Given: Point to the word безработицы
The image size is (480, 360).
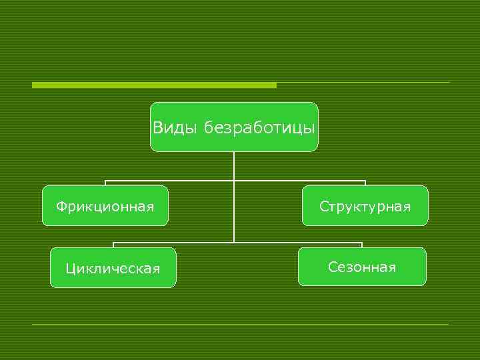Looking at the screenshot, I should coord(259,127).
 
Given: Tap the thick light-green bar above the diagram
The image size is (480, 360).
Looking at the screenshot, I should coord(154,85).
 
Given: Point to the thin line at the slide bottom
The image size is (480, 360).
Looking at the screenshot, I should coord(240,324).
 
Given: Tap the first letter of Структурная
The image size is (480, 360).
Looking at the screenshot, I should coord(323,207).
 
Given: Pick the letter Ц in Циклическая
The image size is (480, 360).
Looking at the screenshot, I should coord(69,269).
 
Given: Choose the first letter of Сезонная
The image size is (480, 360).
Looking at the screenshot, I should coord(332,267).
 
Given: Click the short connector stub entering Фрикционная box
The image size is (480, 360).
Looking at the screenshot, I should coord(105,183).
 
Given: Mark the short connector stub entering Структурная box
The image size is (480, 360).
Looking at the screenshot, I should coord(365,183).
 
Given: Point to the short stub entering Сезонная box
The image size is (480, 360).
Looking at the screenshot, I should coord(362,245).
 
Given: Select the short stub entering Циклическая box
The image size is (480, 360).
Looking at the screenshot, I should coord(113,245).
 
